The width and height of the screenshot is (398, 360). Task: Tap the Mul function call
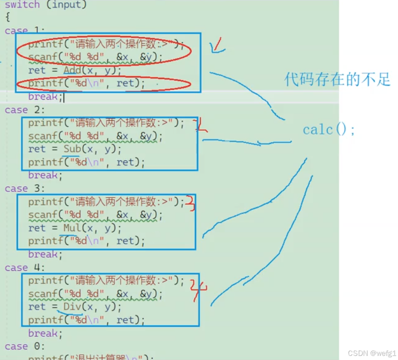72,228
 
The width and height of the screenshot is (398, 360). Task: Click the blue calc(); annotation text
328,130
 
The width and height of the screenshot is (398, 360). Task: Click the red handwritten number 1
218,45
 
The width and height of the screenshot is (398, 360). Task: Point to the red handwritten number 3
191,203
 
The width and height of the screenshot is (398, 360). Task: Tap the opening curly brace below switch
7,18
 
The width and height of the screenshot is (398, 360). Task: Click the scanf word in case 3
43,215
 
